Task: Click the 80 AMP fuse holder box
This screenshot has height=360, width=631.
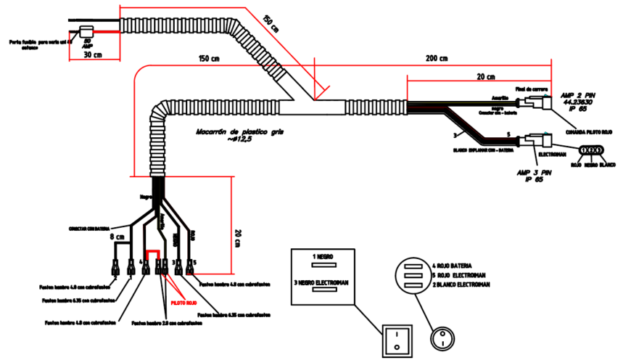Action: (x=86, y=30)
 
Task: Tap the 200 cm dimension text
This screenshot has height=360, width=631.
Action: (x=437, y=59)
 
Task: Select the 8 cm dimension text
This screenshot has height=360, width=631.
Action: (x=116, y=237)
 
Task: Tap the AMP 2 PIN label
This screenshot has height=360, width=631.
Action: (x=577, y=95)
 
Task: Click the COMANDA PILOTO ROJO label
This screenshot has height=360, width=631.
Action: (x=589, y=132)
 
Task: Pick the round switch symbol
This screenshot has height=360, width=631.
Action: (x=443, y=337)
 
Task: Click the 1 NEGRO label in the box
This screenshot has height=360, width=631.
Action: (x=323, y=256)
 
